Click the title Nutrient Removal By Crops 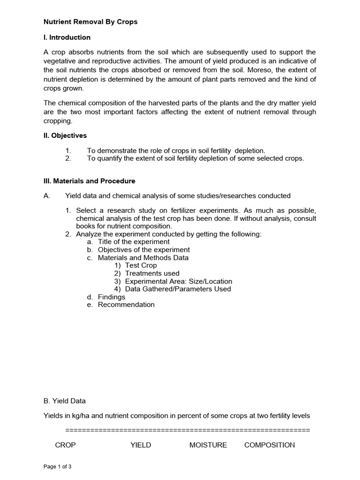pyautogui.click(x=90, y=22)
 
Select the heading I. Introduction pyautogui.click(x=67, y=37)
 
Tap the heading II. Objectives pyautogui.click(x=65, y=135)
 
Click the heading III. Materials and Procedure pyautogui.click(x=89, y=181)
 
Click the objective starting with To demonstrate pyautogui.click(x=176, y=150)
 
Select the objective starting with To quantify pyautogui.click(x=195, y=158)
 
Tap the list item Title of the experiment pyautogui.click(x=134, y=242)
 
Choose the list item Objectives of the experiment pyautogui.click(x=143, y=250)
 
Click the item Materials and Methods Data pyautogui.click(x=143, y=258)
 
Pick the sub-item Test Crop pyautogui.click(x=141, y=265)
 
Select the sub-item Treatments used pyautogui.click(x=152, y=273)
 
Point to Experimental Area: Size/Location pyautogui.click(x=178, y=281)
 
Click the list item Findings pyautogui.click(x=112, y=297)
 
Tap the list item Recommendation pyautogui.click(x=126, y=305)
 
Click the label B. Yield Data pyautogui.click(x=65, y=401)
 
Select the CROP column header pyautogui.click(x=65, y=445)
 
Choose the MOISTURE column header pyautogui.click(x=208, y=445)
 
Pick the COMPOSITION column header pyautogui.click(x=270, y=445)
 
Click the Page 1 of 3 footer pyautogui.click(x=58, y=467)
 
